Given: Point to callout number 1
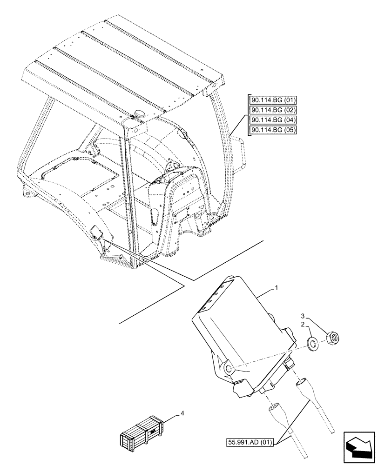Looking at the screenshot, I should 277,288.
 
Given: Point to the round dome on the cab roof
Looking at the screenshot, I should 140,113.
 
